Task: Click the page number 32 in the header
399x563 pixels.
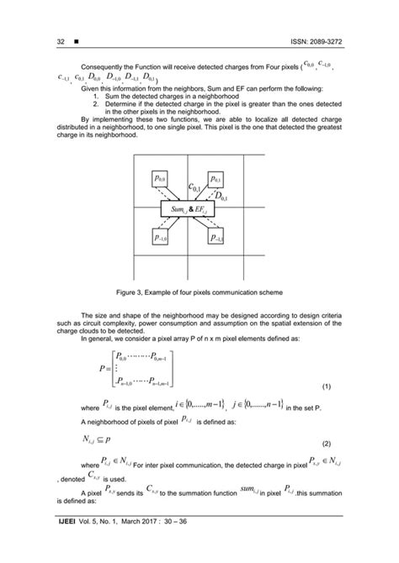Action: click(61, 41)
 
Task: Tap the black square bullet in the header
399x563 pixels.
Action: click(77, 41)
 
